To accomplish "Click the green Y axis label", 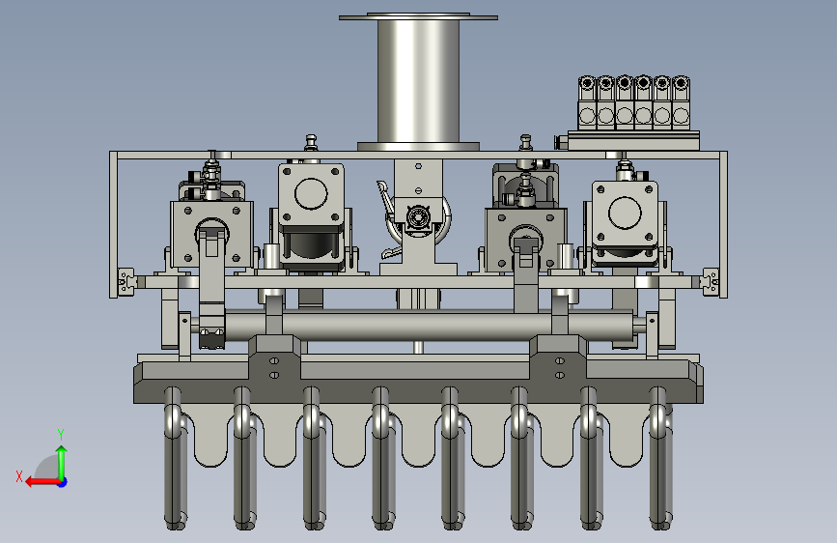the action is coord(61,434).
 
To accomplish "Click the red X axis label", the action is coord(19,476).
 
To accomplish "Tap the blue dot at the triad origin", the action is coord(63,482).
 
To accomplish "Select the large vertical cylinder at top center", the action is coord(419,81).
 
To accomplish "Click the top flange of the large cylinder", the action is coord(419,17).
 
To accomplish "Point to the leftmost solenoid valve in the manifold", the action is coord(587,102).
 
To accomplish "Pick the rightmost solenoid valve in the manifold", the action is coord(681,102).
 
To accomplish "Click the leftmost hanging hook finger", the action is coord(174,459).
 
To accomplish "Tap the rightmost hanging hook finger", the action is coord(661,459).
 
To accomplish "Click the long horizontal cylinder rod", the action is coord(427,326).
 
